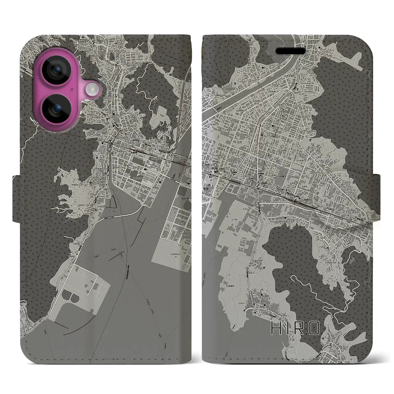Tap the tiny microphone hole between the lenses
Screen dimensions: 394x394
click(x=71, y=89)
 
